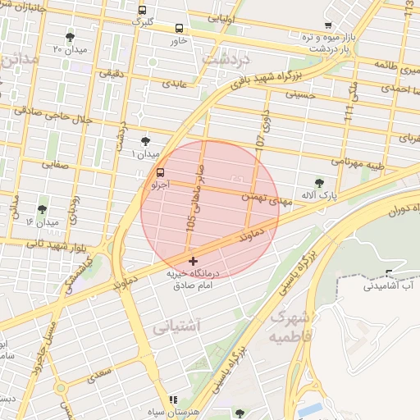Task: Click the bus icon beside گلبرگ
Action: tap(143, 11)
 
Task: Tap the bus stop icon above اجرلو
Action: tap(160, 173)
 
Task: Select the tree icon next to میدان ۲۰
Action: tap(70, 37)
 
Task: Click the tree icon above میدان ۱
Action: tap(145, 141)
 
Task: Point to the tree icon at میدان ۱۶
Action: tap(42, 209)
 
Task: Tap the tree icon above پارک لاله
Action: tap(319, 183)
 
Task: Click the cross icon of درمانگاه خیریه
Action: tap(193, 261)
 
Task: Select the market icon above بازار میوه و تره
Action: tap(328, 25)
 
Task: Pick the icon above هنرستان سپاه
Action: tap(172, 399)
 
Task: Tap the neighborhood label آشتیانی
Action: tap(176, 326)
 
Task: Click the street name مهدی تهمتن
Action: tap(261, 197)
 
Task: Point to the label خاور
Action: tap(179, 39)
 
